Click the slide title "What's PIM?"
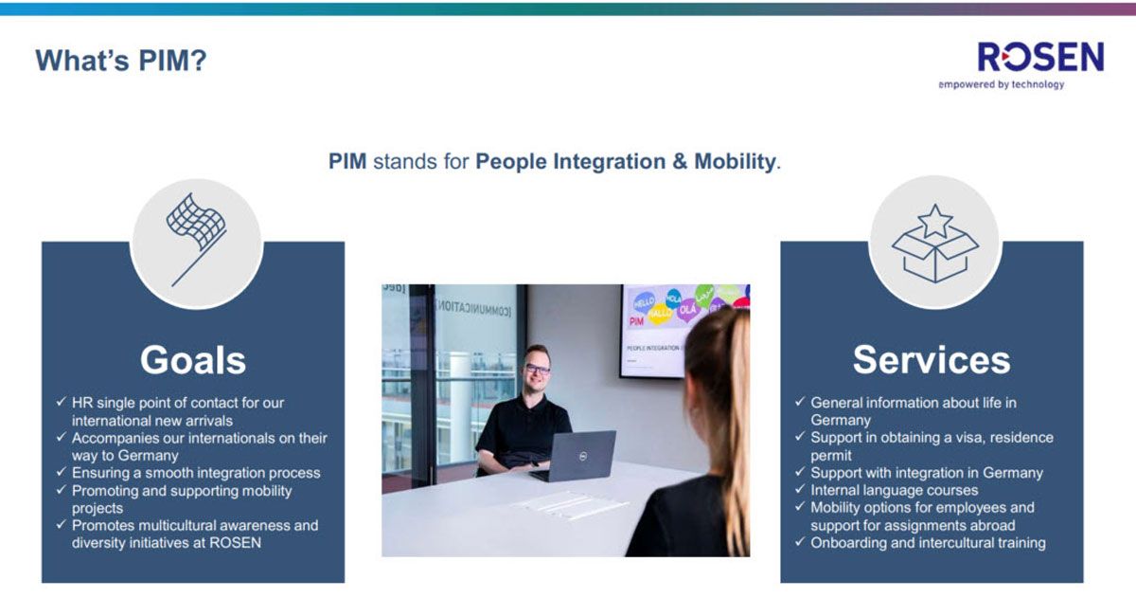tap(121, 61)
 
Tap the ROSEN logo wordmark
tap(1040, 57)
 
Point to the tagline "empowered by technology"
tap(1002, 84)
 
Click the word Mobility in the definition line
tap(735, 161)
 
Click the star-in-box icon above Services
tap(935, 244)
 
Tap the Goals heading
tap(193, 360)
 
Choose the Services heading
tap(932, 360)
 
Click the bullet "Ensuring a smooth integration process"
tap(196, 473)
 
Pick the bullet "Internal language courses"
tap(894, 491)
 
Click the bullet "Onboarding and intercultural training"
tap(928, 543)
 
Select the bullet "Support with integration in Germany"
tap(927, 473)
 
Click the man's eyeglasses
tap(537, 369)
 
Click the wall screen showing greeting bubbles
tap(684, 331)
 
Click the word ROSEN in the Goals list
tap(235, 543)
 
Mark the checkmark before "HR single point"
tap(61, 402)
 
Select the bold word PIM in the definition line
tap(347, 161)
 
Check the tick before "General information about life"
tap(800, 402)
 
